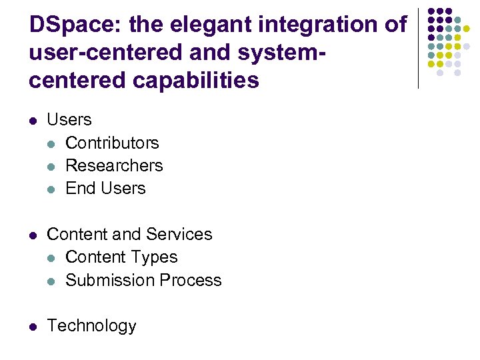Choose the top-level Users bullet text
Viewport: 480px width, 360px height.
click(69, 120)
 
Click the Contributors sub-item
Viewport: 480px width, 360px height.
click(112, 143)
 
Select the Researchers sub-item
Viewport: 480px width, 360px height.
click(114, 165)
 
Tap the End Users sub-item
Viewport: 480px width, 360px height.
click(105, 188)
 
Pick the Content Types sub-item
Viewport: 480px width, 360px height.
click(121, 257)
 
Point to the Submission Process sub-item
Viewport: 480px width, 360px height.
click(143, 280)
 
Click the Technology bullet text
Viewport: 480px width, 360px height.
click(92, 325)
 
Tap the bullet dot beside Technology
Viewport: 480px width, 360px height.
click(33, 326)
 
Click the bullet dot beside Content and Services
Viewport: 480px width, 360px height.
click(33, 235)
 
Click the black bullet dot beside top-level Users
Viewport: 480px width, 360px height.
click(33, 121)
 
